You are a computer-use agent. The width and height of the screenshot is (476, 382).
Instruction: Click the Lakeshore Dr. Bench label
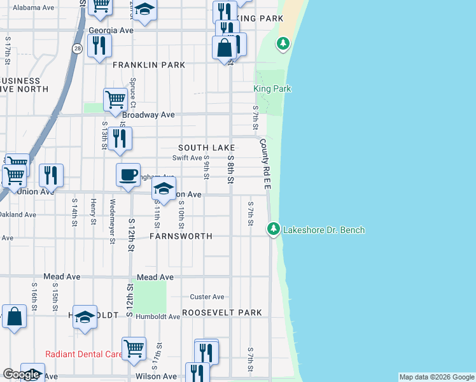tap(324, 230)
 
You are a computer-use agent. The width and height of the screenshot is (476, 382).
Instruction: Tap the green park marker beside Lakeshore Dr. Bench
tap(274, 229)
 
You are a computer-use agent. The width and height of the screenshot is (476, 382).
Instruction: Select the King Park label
tap(272, 89)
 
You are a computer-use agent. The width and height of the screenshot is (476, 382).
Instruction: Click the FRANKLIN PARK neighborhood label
tap(149, 65)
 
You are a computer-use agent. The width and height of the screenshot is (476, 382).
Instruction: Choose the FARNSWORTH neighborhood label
tap(180, 236)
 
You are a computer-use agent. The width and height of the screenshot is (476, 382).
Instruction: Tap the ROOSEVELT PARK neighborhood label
tap(222, 313)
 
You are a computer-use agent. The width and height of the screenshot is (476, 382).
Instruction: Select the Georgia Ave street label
tap(111, 30)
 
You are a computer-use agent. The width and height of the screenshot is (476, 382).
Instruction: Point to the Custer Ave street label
tap(207, 297)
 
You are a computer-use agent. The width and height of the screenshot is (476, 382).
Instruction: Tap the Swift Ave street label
tap(187, 158)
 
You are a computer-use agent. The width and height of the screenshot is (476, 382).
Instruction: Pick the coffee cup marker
tap(128, 174)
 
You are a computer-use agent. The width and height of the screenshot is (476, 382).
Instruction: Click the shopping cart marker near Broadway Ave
tap(115, 99)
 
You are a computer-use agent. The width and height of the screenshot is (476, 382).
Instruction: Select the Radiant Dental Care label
tap(84, 354)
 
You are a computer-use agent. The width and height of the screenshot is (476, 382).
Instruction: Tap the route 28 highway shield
tap(77, 49)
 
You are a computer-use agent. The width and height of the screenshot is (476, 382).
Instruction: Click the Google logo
tap(22, 374)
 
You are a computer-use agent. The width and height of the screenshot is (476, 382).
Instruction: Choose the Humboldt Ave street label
tap(158, 317)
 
